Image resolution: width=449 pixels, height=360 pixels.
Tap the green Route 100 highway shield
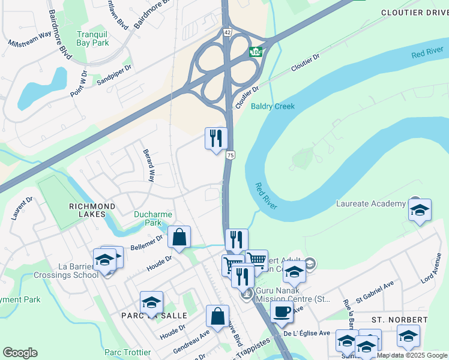pyautogui.click(x=256, y=52)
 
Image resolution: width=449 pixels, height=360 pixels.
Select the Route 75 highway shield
pyautogui.click(x=230, y=155)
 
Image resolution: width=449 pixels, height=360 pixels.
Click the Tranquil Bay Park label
pyautogui.click(x=93, y=38)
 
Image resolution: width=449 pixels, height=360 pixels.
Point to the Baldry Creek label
pyautogui.click(x=273, y=106)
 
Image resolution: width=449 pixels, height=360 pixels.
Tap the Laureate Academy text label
pyautogui.click(x=370, y=204)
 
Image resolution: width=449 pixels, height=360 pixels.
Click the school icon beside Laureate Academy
pyautogui.click(x=420, y=211)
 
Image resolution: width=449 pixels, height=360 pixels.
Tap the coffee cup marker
pyautogui.click(x=281, y=311)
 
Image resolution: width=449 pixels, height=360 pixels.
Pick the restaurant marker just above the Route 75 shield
pyautogui.click(x=216, y=139)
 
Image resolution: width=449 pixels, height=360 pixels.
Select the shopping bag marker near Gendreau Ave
pyautogui.click(x=217, y=316)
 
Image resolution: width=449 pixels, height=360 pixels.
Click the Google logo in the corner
pyautogui.click(x=20, y=353)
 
